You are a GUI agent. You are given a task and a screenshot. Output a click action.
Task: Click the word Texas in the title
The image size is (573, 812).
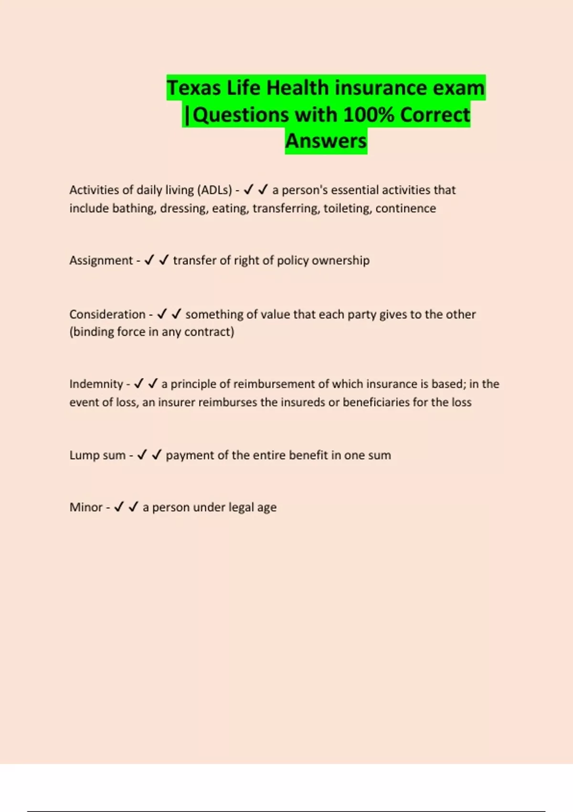(x=193, y=88)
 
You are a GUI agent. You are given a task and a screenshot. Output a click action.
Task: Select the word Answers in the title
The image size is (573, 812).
(x=326, y=141)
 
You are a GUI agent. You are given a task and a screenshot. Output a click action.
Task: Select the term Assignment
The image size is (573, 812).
(x=101, y=260)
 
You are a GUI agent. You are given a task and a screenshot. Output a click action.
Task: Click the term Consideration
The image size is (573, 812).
(x=107, y=314)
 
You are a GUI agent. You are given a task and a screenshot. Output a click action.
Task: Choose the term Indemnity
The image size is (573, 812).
(x=96, y=384)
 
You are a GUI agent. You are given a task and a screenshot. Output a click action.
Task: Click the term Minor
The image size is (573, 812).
(x=86, y=507)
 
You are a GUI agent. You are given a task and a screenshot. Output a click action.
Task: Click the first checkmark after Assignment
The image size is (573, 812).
(x=149, y=260)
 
